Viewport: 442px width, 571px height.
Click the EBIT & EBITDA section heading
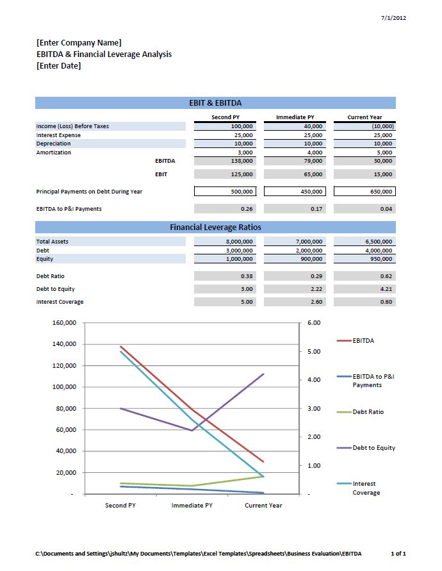[x=215, y=103]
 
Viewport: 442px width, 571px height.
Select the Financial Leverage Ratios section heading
[x=215, y=228]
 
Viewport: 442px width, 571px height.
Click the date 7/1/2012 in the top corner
[x=393, y=17]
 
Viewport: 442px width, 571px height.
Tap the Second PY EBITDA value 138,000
[x=241, y=161]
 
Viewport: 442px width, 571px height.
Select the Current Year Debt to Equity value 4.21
[x=386, y=289]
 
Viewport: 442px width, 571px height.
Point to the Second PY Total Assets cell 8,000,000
[x=239, y=242]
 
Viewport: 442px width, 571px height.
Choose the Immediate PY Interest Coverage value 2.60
[x=316, y=302]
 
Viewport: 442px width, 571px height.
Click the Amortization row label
[x=54, y=153]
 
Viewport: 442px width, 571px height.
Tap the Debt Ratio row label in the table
[x=50, y=276]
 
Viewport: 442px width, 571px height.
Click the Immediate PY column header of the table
[x=295, y=117]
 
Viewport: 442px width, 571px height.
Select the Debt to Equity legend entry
[x=366, y=448]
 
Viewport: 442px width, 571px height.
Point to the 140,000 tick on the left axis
[x=65, y=344]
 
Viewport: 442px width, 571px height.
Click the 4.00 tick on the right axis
[x=314, y=380]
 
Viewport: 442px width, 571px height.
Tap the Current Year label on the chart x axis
[x=263, y=506]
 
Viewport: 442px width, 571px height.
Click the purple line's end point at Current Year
[x=263, y=374]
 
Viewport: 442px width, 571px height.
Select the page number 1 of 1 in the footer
[x=398, y=554]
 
